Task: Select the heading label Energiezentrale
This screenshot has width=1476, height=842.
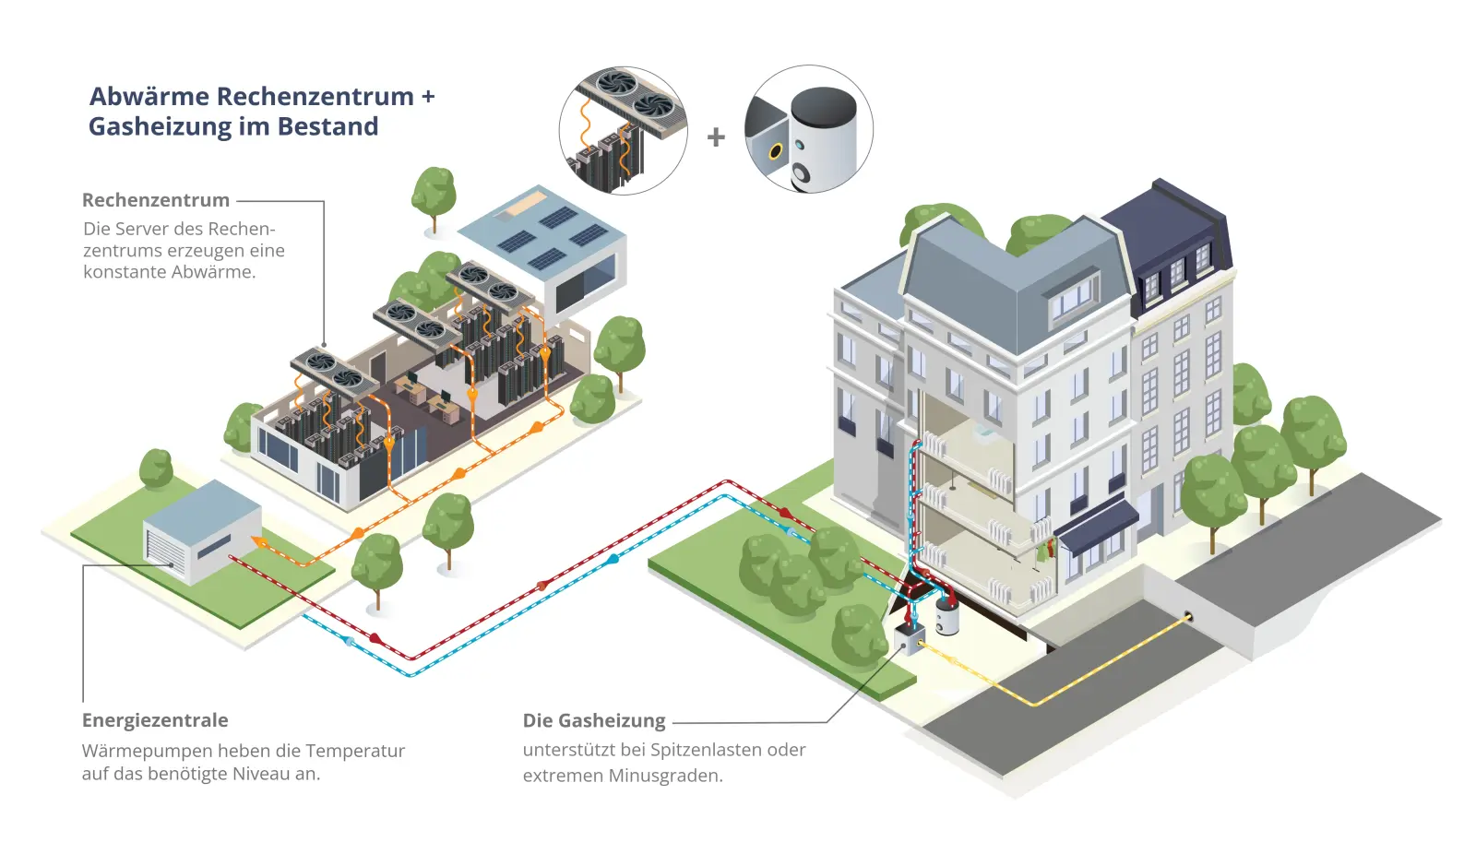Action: (x=155, y=720)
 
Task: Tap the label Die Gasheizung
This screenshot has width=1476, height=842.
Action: (x=594, y=720)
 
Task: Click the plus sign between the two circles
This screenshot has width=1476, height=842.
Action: (x=716, y=137)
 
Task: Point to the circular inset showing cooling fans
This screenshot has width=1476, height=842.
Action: (x=623, y=130)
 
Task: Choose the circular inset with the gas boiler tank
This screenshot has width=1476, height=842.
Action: (x=809, y=129)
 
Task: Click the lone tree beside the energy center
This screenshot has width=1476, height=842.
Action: (x=156, y=468)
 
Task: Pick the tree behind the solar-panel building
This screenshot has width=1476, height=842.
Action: (x=434, y=192)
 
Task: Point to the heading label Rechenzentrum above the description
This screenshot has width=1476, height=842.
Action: (x=156, y=200)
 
